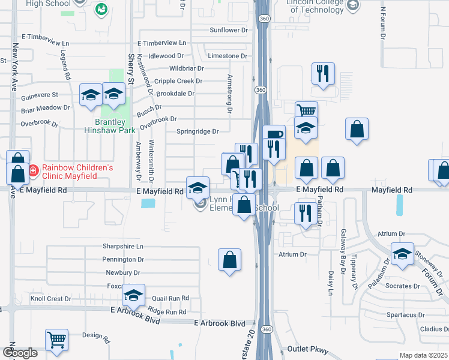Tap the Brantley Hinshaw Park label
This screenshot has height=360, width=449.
point(109,125)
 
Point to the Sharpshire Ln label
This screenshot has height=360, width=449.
point(124,247)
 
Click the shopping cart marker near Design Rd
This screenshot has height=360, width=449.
point(57,340)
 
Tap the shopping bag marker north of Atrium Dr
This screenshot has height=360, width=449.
point(230,260)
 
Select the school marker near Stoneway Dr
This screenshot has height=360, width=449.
point(402,254)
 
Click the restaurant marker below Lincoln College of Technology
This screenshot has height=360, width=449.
point(323,74)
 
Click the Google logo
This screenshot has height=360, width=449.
point(20,353)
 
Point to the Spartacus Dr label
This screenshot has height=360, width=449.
point(405,314)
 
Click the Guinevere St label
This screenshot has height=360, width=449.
point(39,95)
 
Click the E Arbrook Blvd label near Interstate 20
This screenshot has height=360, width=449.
point(220,323)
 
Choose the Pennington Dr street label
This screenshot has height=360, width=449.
point(124,259)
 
